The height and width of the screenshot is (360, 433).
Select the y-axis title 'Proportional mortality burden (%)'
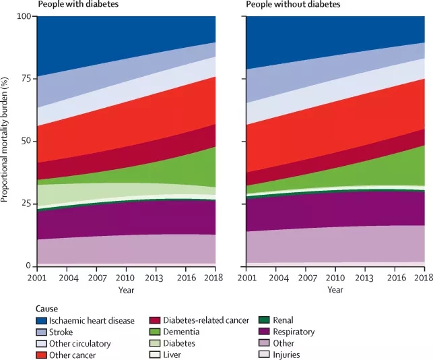pyautogui.click(x=5, y=140)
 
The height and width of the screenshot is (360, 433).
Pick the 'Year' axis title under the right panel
pyautogui.click(x=335, y=290)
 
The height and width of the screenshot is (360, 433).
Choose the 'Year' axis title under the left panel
pyautogui.click(x=127, y=290)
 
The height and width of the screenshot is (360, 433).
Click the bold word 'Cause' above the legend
pyautogui.click(x=49, y=308)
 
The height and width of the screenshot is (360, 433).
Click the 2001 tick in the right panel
pyautogui.click(x=246, y=278)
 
